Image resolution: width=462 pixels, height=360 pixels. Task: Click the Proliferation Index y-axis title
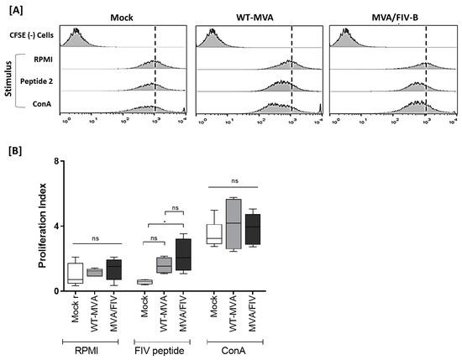pyautogui.click(x=43, y=226)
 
